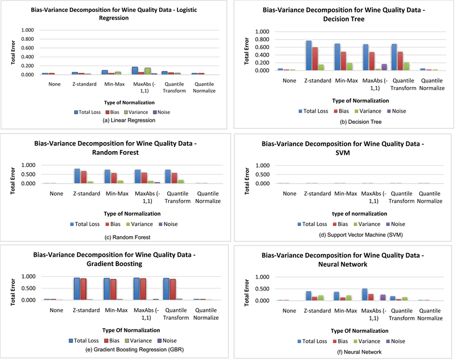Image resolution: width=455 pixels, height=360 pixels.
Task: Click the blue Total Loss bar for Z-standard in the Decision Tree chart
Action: point(309,55)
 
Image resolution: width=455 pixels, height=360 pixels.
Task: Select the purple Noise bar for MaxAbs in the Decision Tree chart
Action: point(384,67)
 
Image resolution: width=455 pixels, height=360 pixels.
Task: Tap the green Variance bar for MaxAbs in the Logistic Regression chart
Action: point(148,71)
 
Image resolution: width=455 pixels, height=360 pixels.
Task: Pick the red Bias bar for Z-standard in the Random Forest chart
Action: point(84,177)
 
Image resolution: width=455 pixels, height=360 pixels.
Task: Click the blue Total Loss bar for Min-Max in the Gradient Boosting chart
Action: point(107,289)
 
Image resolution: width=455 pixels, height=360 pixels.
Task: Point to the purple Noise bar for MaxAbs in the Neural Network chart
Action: point(383,298)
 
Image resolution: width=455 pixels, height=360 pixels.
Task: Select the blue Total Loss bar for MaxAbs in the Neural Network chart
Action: point(365,294)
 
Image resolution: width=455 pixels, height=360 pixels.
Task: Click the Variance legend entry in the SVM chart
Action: point(367,224)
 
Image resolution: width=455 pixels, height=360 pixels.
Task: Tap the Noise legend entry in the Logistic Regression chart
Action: point(161,112)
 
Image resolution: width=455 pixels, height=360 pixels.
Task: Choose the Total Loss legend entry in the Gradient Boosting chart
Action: point(84,341)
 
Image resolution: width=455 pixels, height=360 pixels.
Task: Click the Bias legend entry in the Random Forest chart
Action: point(113,224)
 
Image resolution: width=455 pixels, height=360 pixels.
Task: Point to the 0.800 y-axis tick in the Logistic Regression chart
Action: point(27,39)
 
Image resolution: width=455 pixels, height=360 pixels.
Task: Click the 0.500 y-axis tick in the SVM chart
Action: point(262,174)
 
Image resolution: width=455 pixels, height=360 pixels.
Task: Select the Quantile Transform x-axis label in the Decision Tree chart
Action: point(403,84)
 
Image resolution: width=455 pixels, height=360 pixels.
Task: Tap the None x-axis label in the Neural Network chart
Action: point(290,311)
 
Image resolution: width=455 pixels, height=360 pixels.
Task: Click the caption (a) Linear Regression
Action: point(129,121)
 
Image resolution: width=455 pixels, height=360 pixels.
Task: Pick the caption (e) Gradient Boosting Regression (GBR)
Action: point(134,350)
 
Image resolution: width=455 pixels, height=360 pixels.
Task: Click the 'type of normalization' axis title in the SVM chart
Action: point(360,213)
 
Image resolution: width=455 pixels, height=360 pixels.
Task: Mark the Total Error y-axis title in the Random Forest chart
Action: point(13,181)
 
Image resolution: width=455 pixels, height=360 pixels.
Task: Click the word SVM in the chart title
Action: point(343,153)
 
